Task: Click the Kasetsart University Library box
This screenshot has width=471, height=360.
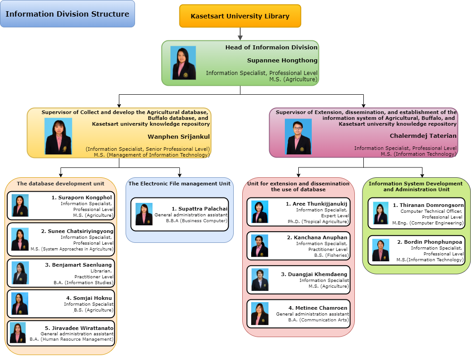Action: point(240,16)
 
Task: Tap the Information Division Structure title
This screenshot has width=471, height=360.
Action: point(67,14)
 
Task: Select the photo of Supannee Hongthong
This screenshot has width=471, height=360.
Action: point(183,63)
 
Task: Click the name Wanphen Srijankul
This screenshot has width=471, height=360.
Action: point(179,136)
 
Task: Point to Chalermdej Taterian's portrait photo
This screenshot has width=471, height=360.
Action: point(298,136)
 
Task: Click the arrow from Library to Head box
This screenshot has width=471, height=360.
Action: point(240,34)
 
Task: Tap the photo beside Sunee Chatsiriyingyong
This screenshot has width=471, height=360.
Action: point(20,239)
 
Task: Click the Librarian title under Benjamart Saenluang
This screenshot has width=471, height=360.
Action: point(102,271)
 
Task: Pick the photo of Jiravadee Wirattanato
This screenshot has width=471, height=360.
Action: point(18,333)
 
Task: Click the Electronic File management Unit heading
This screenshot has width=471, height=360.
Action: point(179,184)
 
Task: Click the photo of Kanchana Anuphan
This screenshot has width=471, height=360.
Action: point(259,246)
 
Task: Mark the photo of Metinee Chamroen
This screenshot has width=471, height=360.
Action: point(259,313)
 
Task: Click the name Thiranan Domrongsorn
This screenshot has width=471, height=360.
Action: point(428,205)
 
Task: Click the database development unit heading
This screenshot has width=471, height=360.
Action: point(61,184)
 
